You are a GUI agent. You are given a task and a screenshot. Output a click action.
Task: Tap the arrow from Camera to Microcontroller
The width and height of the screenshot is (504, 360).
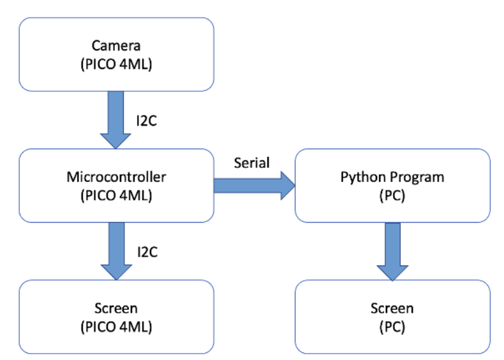[x=116, y=118]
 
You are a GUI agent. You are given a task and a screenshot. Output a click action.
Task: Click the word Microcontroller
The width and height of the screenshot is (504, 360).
[x=116, y=176]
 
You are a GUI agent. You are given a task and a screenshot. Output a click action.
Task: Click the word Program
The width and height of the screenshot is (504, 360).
[x=410, y=176]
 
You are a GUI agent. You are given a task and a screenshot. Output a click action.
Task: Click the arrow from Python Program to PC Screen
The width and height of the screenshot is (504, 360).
[x=392, y=250]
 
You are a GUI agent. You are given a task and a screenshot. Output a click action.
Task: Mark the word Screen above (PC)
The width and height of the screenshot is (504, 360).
[x=392, y=308]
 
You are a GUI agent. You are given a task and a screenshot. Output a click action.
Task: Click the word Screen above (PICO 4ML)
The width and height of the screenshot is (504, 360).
[x=116, y=308]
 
